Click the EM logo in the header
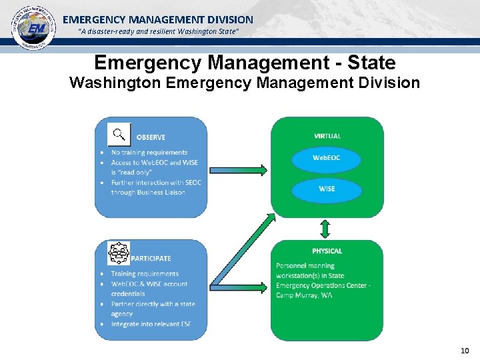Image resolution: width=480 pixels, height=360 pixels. click(x=33, y=28)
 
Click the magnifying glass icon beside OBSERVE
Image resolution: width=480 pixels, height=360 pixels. click(x=119, y=135)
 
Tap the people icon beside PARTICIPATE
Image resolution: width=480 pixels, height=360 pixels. click(x=119, y=253)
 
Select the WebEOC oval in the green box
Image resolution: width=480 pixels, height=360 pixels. click(x=327, y=158)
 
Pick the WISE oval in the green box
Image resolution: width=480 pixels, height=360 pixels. click(x=327, y=189)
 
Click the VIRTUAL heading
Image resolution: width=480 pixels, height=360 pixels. click(x=327, y=137)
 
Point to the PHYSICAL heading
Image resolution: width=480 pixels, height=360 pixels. click(x=327, y=251)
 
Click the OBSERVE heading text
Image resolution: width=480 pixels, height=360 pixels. click(x=151, y=138)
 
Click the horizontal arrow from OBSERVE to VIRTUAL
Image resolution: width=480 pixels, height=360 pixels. click(x=237, y=169)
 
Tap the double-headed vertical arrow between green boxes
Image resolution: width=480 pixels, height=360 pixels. click(x=325, y=229)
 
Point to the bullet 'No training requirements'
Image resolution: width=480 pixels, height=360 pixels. click(x=149, y=153)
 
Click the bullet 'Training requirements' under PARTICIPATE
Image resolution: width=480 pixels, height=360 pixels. click(x=145, y=274)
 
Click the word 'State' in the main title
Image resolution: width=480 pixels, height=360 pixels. click(x=371, y=63)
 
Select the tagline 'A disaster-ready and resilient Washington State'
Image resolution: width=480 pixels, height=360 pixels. click(x=157, y=33)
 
